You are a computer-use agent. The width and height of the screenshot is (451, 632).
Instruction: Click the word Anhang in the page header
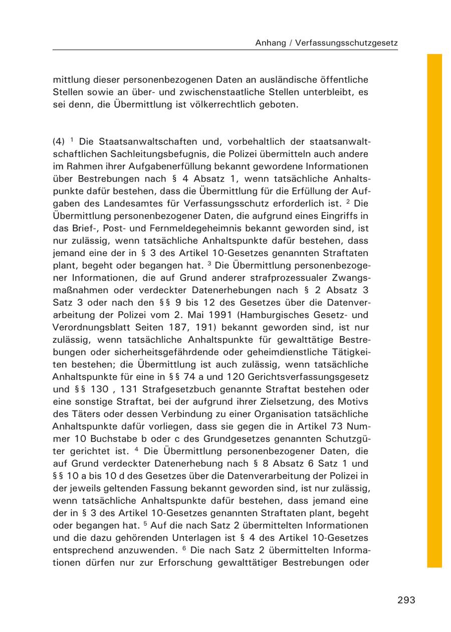(x=270, y=43)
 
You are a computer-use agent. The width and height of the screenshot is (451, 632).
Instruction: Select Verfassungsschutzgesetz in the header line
(x=346, y=43)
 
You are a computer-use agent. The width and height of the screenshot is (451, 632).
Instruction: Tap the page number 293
(x=406, y=600)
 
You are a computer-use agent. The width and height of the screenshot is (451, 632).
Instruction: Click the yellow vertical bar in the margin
(x=434, y=311)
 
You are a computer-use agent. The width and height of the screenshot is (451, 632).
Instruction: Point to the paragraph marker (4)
(x=59, y=142)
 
